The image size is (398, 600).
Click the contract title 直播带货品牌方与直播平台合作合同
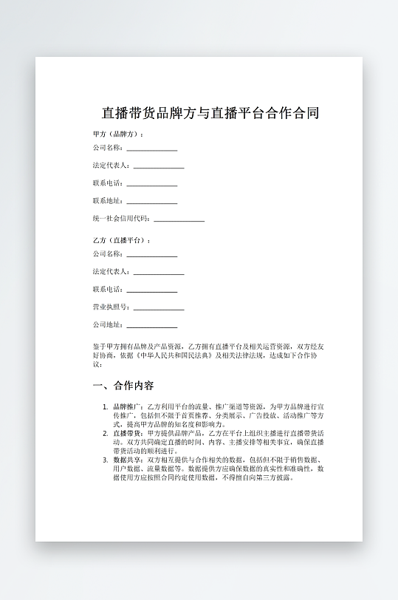(x=210, y=114)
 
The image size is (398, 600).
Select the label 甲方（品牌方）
(x=117, y=134)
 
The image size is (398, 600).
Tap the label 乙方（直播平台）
(x=121, y=241)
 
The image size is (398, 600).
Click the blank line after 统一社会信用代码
(x=179, y=220)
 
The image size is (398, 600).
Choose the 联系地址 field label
(x=107, y=200)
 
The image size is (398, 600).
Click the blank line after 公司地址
(x=152, y=327)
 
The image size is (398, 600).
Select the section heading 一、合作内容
(x=123, y=386)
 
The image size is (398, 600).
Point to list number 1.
(x=105, y=407)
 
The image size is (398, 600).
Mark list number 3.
(x=105, y=460)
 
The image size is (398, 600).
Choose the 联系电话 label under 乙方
(x=107, y=290)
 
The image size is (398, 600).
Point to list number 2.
(x=105, y=434)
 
